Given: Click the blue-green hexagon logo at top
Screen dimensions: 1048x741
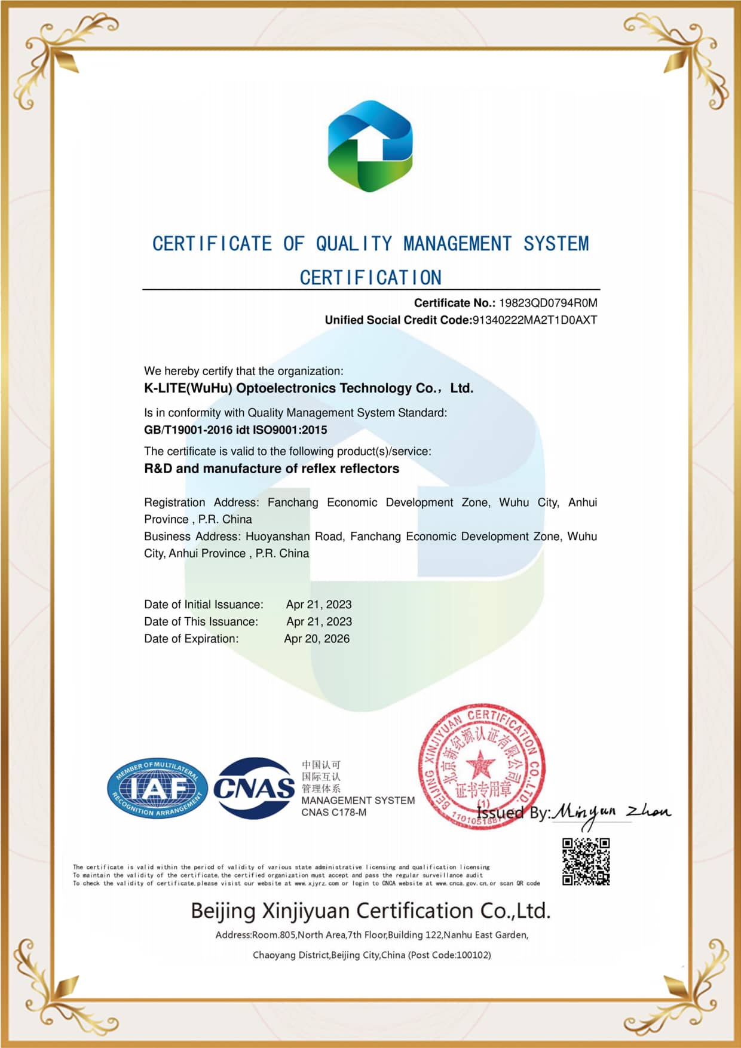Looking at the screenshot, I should tap(370, 146).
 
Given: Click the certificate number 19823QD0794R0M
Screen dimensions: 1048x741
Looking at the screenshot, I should tap(548, 303).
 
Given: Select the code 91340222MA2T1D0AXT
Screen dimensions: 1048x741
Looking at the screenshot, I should tap(535, 320).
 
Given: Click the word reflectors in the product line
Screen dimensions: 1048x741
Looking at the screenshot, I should tap(369, 468).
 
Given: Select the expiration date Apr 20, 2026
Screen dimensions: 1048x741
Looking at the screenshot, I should tap(317, 639).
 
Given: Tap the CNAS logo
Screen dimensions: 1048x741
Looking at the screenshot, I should tap(254, 788).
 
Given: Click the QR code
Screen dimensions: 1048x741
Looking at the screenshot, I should tap(586, 862).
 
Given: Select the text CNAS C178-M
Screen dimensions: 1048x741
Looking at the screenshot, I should tap(334, 813).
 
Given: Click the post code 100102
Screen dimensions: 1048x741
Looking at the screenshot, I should tap(472, 955).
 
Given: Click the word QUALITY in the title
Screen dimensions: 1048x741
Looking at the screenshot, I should tap(354, 244).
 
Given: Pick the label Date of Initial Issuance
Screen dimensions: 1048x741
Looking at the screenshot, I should tap(203, 605).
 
